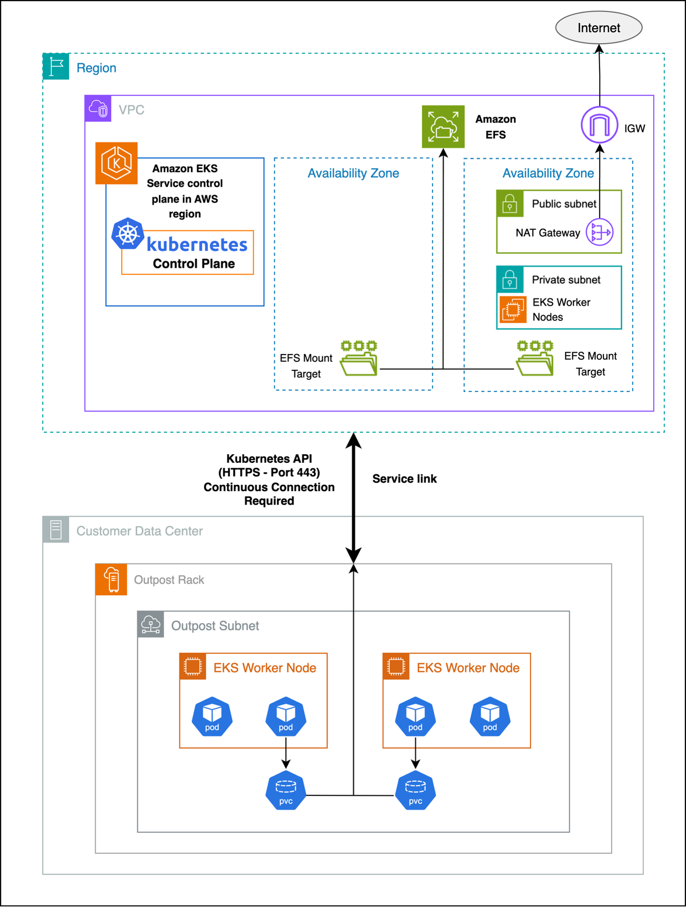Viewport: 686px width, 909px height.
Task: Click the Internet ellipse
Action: (599, 28)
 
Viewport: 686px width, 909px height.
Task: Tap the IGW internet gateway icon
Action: (599, 125)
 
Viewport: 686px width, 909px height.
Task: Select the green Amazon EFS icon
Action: (443, 127)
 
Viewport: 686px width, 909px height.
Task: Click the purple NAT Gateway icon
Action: (600, 232)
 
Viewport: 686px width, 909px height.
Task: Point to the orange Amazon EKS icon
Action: (117, 163)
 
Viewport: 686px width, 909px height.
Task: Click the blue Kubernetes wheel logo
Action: (128, 234)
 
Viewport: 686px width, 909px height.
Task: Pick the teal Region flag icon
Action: (56, 67)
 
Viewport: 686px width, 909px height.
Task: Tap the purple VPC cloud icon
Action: (98, 109)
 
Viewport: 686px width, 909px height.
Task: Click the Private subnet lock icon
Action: (509, 279)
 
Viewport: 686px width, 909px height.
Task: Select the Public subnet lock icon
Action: (509, 203)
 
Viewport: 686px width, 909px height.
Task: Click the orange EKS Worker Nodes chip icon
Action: (512, 309)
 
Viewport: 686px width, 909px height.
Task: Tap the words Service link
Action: (404, 479)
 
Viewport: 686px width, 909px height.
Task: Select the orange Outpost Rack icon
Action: (111, 579)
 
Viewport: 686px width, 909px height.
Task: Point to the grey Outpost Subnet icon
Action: (151, 625)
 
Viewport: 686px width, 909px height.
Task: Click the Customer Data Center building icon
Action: (56, 530)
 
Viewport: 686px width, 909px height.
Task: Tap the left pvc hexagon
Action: (286, 791)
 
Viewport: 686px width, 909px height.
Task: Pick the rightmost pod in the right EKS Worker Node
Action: (490, 716)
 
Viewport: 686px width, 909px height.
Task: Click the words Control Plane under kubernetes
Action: (194, 264)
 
